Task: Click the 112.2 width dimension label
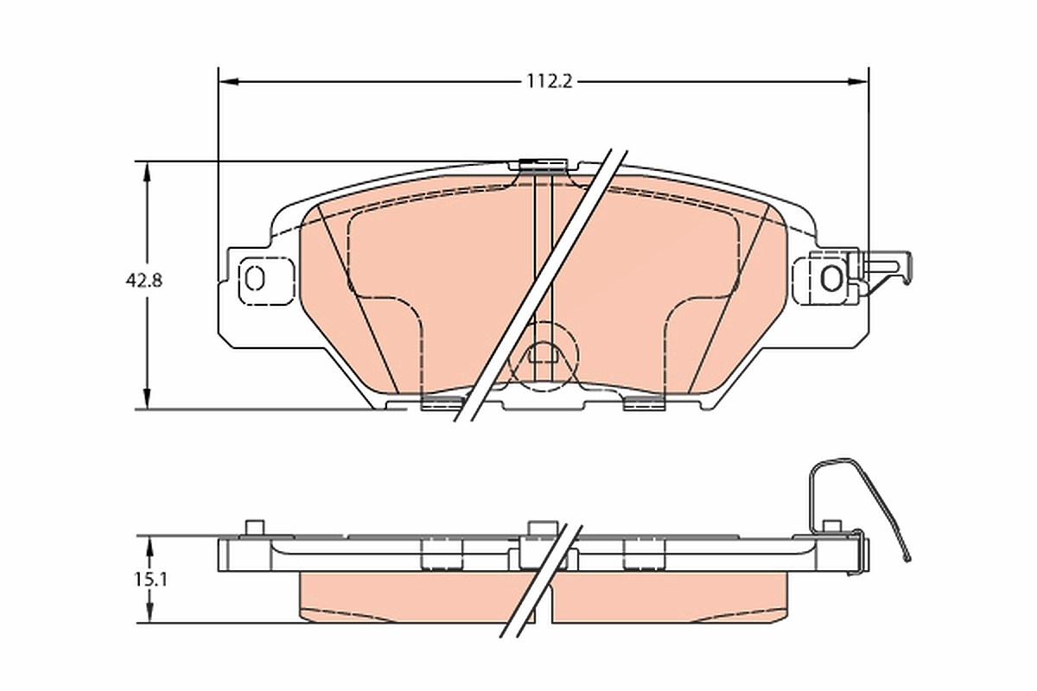tap(550, 82)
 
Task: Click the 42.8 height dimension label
tap(144, 281)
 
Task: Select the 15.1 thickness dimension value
tap(151, 580)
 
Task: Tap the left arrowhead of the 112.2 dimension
tap(229, 82)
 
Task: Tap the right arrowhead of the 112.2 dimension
tap(857, 82)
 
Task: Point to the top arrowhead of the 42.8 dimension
tap(147, 172)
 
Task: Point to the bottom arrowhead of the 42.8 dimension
tap(147, 398)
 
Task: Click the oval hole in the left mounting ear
tap(255, 279)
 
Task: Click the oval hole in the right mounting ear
tap(831, 278)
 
